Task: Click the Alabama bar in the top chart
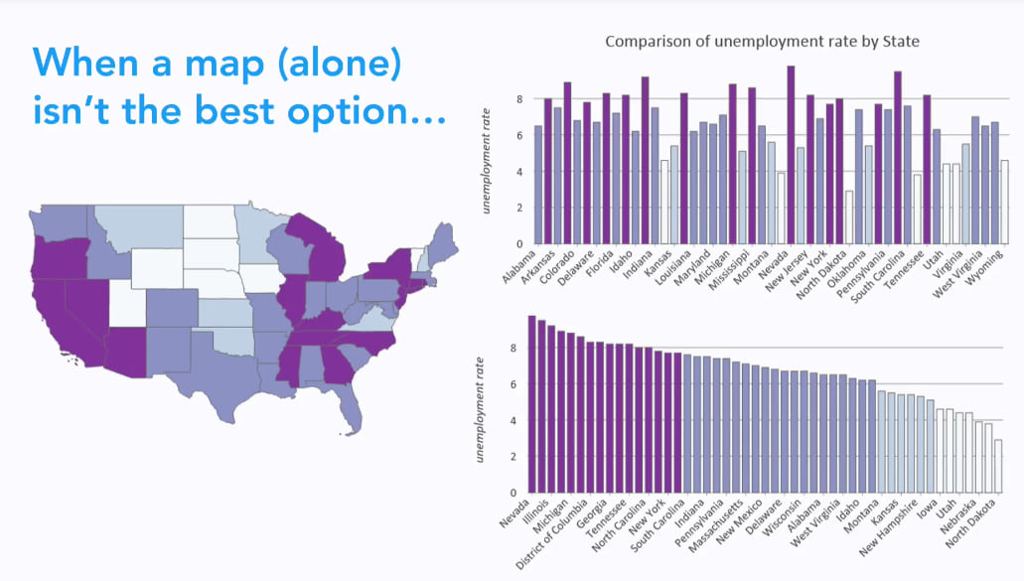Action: click(x=538, y=185)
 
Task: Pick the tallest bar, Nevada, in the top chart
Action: click(x=791, y=155)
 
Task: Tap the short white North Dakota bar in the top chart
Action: click(x=849, y=218)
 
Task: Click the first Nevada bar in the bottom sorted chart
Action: click(x=531, y=405)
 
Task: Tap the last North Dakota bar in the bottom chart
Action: click(x=997, y=467)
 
